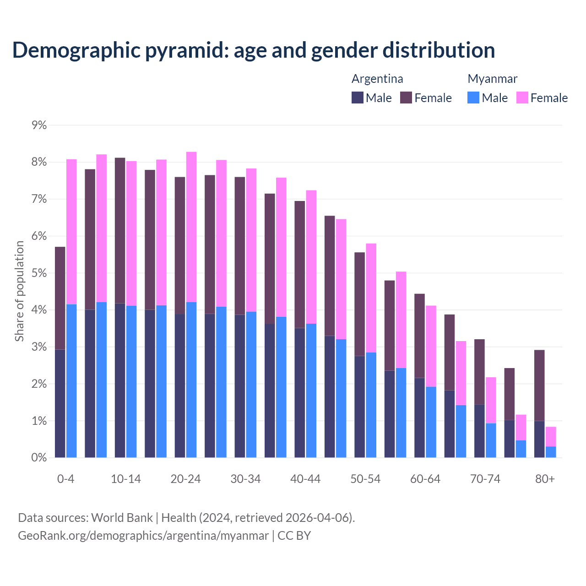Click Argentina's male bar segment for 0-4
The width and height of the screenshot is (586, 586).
pos(60,403)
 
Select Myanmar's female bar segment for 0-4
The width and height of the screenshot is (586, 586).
pos(71,232)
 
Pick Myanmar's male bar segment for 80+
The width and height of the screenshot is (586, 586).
pos(551,452)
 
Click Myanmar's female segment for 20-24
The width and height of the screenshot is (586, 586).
pos(191,227)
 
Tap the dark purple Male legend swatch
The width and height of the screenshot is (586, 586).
pos(358,98)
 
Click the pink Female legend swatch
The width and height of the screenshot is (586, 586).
pos(522,98)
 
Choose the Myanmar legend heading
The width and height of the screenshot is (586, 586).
pos(492,79)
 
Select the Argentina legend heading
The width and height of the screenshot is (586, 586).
pos(377,79)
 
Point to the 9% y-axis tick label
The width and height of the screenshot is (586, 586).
pos(39,125)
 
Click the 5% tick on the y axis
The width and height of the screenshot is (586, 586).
pos(39,273)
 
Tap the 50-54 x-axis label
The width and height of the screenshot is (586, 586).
pos(365,479)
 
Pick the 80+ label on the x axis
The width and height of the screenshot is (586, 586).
pos(545,479)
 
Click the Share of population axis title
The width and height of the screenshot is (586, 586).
pos(19,291)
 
